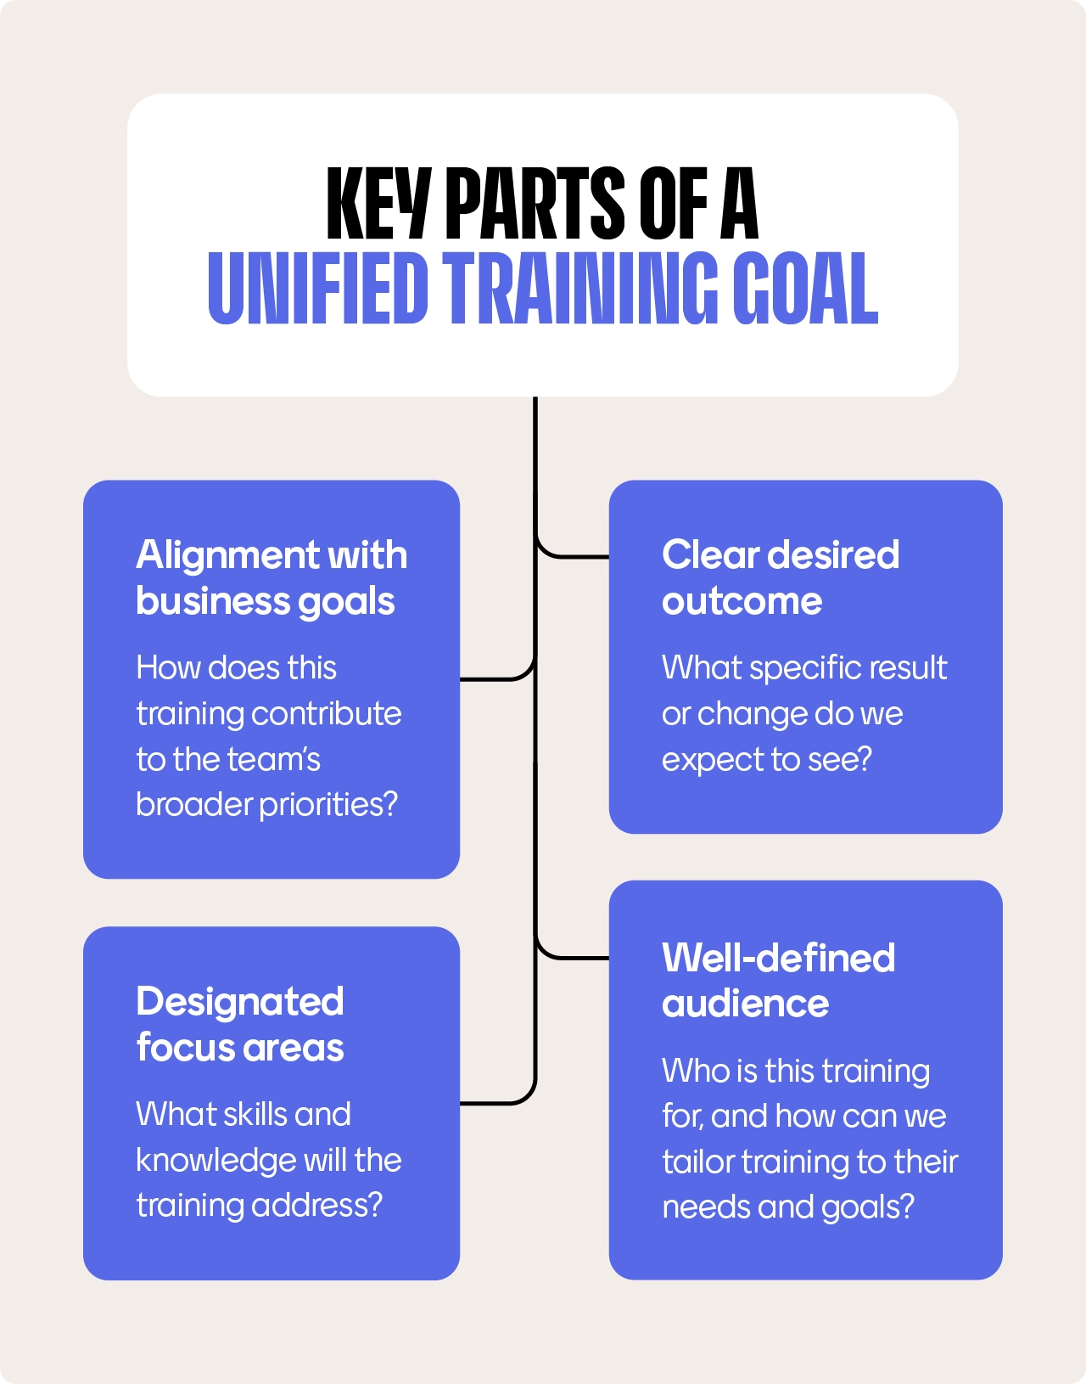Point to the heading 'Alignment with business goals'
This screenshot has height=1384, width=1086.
tap(271, 577)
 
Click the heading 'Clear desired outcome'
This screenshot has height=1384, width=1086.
tap(780, 577)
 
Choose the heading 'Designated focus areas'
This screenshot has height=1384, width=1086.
tap(240, 1024)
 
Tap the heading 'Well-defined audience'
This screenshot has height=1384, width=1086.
tap(778, 981)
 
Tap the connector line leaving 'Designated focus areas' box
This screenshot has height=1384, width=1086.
tap(492, 1103)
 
